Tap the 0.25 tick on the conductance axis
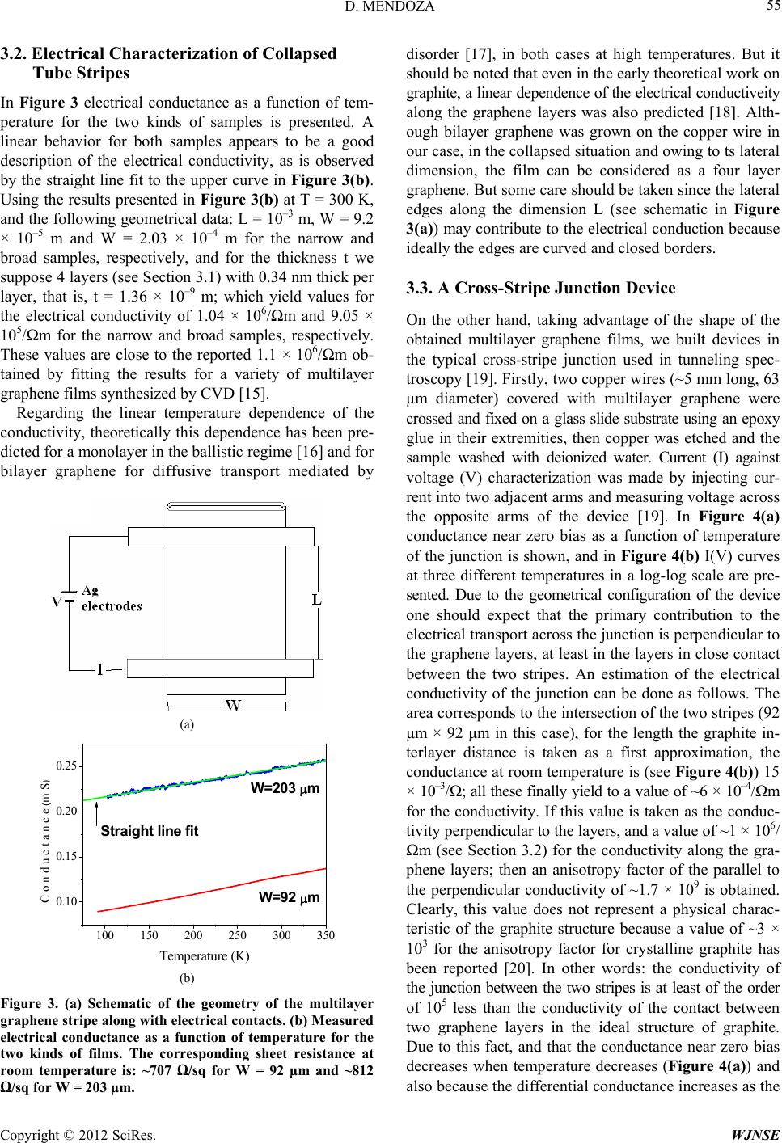[x=66, y=766]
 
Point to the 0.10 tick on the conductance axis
[x=66, y=900]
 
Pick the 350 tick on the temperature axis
[x=325, y=935]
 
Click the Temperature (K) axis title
[x=205, y=956]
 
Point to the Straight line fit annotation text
[x=150, y=831]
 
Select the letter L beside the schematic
[x=318, y=600]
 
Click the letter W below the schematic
[x=234, y=706]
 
